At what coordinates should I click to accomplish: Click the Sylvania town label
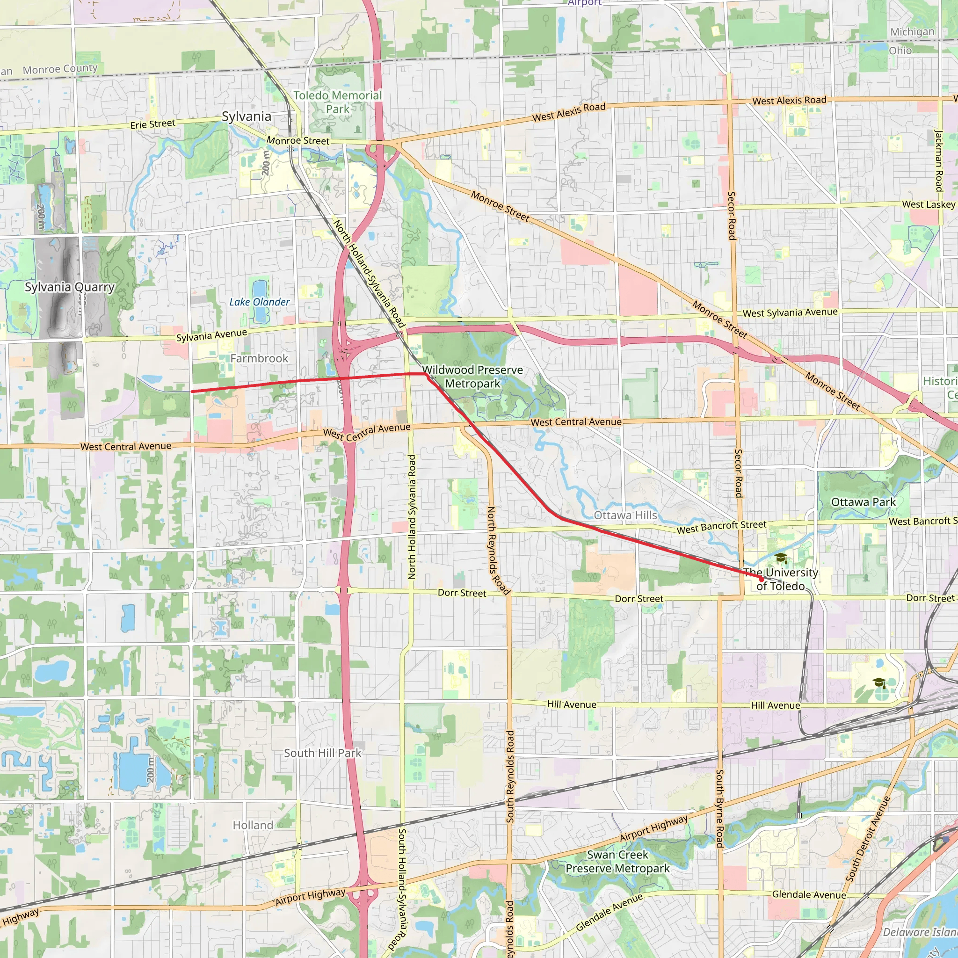coord(247,116)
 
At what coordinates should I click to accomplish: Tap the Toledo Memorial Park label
coord(337,102)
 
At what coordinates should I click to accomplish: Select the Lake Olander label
coord(259,302)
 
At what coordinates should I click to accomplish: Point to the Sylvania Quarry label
coord(70,287)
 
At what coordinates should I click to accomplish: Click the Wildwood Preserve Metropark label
coord(472,377)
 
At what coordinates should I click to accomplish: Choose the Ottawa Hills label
coord(625,515)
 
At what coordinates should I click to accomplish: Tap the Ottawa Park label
coord(864,502)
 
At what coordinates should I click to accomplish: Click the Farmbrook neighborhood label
coord(259,358)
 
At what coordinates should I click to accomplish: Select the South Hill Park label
coord(322,753)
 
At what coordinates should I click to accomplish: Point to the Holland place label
coord(253,825)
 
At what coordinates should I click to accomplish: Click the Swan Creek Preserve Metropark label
coord(617,861)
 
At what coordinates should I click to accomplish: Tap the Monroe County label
coord(60,69)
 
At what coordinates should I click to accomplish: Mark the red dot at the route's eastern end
coord(761,579)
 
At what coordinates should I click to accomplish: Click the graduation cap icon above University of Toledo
coord(781,559)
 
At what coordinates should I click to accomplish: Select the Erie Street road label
coord(152,124)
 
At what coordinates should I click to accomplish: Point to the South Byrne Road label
coord(719,808)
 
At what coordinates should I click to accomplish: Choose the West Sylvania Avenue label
coord(790,312)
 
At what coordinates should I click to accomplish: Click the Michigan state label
coord(912,32)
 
